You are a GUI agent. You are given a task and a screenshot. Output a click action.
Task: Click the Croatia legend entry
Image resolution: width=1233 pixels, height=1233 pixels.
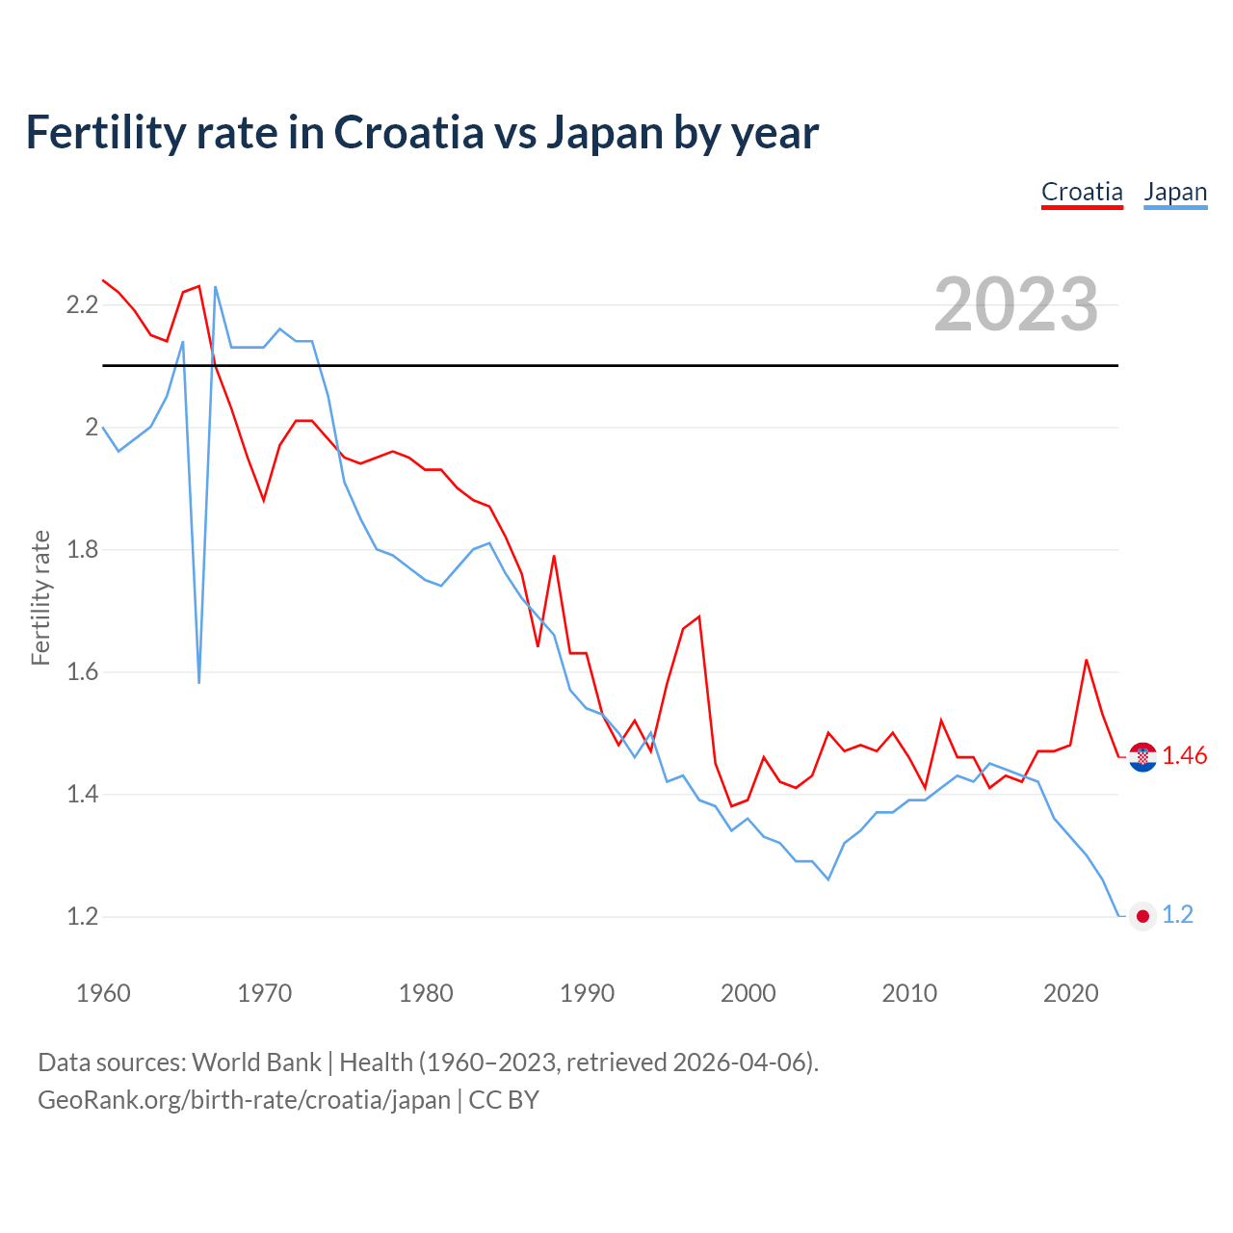(1082, 192)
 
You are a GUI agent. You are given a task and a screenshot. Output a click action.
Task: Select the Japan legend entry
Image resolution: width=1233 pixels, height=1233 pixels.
(1175, 192)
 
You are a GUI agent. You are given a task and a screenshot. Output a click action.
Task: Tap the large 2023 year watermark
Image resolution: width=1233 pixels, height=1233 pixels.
(1016, 304)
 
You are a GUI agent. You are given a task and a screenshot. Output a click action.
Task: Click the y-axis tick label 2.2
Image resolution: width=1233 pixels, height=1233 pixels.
(82, 305)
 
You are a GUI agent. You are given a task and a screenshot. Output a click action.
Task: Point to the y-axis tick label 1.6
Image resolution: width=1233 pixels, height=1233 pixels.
(82, 672)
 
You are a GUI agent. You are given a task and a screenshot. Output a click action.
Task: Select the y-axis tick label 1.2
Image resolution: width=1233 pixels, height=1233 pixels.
(82, 916)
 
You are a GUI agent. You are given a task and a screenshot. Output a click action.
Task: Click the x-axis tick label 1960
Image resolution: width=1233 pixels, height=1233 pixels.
(103, 993)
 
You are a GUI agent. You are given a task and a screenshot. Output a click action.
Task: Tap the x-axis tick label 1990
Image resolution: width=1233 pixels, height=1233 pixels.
(587, 993)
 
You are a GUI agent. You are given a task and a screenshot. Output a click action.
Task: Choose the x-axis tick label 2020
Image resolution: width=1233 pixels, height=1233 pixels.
(1070, 993)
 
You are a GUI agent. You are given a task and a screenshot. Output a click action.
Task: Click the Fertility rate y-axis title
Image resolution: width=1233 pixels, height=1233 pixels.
(40, 597)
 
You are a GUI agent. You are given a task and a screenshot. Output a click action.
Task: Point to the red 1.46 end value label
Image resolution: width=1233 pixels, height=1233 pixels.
(1184, 756)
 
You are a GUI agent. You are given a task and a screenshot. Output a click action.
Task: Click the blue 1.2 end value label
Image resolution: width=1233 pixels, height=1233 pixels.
(1177, 915)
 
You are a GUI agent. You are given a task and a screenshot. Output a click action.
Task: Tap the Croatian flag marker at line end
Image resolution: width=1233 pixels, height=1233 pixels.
(1142, 757)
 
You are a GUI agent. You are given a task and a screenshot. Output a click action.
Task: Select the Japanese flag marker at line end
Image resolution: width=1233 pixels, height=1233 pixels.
(1142, 916)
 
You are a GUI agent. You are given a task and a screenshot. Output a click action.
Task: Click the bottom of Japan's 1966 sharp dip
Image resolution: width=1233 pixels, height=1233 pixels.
(199, 682)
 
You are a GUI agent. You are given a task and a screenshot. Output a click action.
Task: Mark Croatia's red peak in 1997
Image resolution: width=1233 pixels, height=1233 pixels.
(699, 616)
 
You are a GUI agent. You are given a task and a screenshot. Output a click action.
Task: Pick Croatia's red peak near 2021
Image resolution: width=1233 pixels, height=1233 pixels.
(1087, 660)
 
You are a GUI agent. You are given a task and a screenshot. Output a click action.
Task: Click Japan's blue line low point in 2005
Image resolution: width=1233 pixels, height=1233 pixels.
(828, 879)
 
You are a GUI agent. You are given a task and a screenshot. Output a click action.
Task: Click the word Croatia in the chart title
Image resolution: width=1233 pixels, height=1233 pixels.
(408, 133)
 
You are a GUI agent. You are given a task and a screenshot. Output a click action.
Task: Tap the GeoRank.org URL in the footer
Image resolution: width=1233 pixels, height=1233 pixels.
(244, 1100)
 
